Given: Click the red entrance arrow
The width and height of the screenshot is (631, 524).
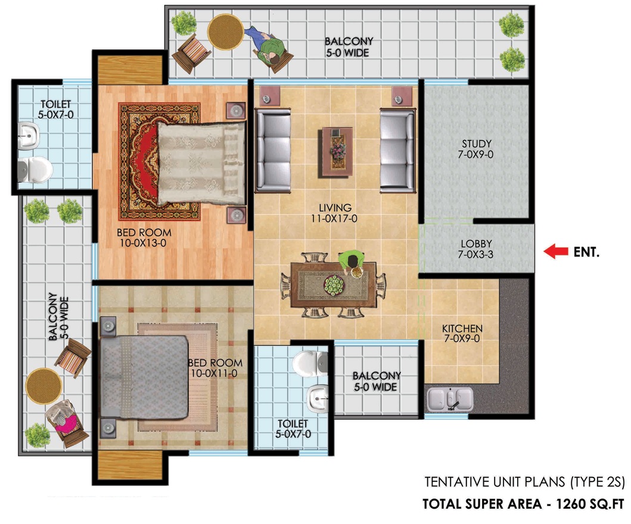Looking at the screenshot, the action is [x=556, y=251].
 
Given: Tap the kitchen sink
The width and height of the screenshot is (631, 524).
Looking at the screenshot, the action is [x=450, y=400].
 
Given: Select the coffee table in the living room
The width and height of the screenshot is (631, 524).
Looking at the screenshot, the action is [x=337, y=152].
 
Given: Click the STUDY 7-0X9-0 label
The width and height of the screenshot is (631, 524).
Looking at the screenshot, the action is [x=476, y=149].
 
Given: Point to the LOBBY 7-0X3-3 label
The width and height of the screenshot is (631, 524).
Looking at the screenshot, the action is [x=476, y=249].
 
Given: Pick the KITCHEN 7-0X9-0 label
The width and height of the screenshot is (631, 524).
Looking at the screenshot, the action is [x=462, y=333].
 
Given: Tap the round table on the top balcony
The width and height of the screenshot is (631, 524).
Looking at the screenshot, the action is [x=226, y=32].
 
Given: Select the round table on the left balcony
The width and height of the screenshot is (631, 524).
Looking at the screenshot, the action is [x=44, y=386].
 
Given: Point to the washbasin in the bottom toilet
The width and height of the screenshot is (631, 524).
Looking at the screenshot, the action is [x=318, y=399].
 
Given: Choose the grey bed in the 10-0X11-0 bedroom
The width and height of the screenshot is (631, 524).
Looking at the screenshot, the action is [x=144, y=377].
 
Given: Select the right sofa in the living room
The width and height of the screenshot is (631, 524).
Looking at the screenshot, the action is [x=397, y=150].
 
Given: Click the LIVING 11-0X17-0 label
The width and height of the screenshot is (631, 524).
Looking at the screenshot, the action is [x=334, y=213].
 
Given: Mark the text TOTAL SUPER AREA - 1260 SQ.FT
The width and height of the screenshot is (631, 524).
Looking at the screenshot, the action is [x=523, y=504].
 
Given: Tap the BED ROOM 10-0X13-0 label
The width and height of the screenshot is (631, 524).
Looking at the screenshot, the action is [x=144, y=238].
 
